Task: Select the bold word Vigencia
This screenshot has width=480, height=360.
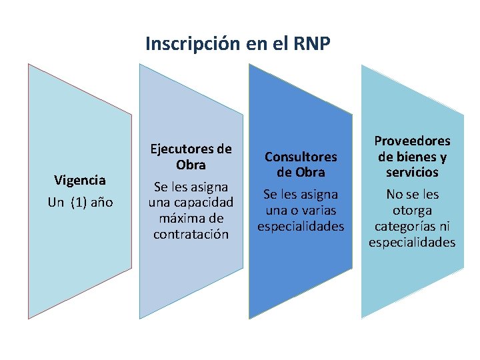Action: (80, 180)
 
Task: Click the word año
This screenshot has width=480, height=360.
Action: (101, 202)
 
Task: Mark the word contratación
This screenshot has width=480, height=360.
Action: (191, 234)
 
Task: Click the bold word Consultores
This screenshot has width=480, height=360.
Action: (301, 156)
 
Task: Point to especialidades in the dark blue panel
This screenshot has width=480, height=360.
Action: (301, 226)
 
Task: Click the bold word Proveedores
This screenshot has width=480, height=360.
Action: (412, 141)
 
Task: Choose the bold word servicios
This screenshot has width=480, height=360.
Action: (412, 172)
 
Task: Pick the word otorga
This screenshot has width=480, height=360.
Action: (412, 210)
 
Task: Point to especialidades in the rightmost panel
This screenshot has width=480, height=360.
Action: (412, 242)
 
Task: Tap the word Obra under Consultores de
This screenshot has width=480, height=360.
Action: (310, 172)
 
